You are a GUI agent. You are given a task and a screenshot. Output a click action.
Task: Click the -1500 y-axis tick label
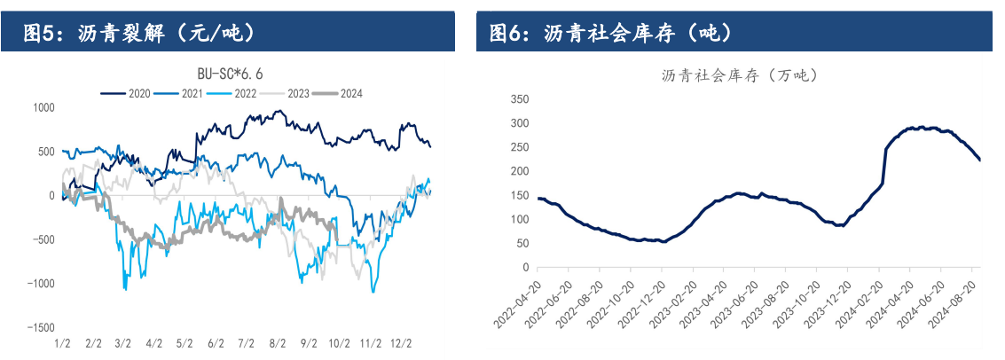point(40,328)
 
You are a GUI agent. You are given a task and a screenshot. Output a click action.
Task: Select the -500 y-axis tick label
point(43,239)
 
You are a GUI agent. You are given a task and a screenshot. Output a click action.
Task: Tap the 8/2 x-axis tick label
point(277,342)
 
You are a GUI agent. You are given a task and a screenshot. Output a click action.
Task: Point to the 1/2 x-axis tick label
point(63,342)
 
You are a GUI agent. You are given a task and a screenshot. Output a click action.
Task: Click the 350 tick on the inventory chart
point(521,99)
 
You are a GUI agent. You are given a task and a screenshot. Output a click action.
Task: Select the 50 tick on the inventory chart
point(523,243)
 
